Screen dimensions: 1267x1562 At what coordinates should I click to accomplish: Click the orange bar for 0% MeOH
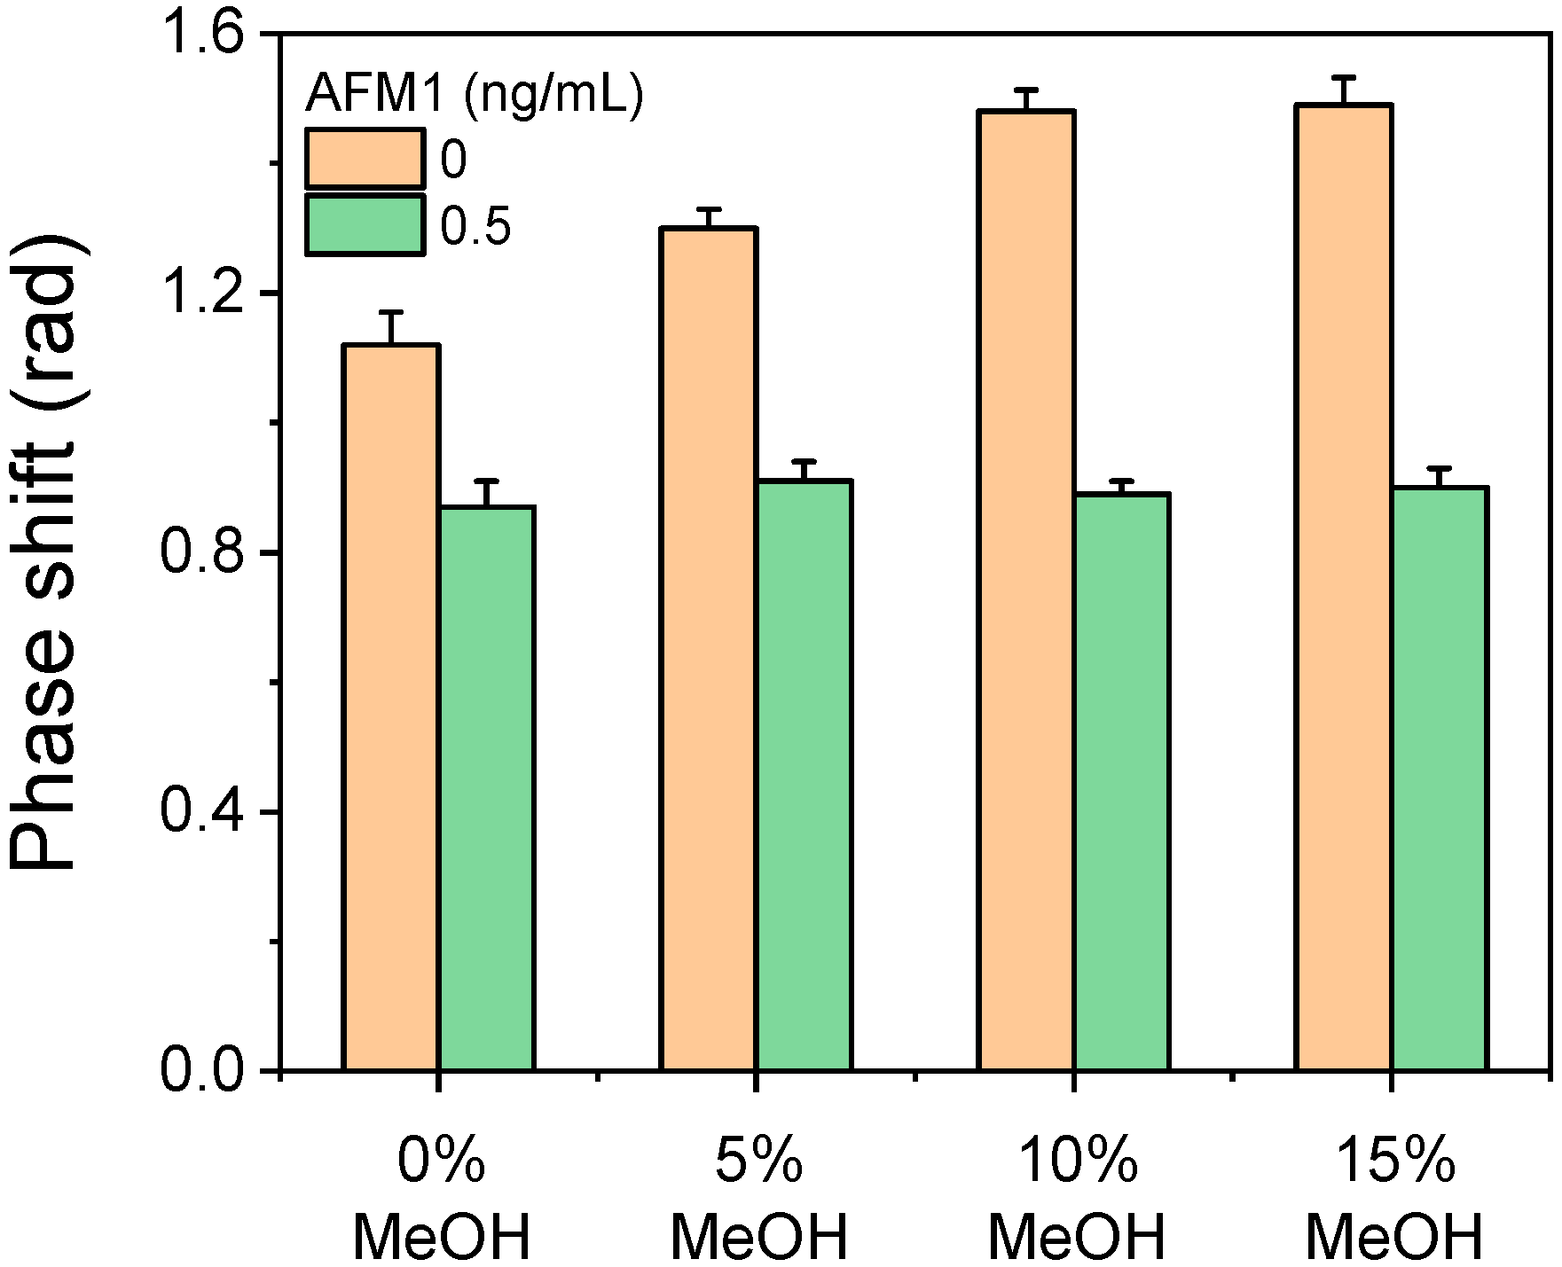click(391, 709)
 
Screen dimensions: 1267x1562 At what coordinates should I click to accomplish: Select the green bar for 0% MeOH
click(486, 789)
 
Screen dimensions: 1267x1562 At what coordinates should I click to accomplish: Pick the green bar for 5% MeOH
click(804, 776)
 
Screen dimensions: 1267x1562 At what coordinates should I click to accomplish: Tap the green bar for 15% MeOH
click(1439, 779)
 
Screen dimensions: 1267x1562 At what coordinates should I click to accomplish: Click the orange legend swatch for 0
click(365, 159)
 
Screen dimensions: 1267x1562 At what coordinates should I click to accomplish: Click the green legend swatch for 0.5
click(365, 225)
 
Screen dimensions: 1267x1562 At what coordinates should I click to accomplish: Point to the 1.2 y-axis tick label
click(204, 294)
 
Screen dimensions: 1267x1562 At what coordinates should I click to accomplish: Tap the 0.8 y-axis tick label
click(204, 554)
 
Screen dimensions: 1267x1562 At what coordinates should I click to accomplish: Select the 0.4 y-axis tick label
click(204, 813)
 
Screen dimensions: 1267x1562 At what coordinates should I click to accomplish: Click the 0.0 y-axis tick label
click(204, 1071)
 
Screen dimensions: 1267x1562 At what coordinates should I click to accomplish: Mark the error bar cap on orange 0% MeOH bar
click(391, 312)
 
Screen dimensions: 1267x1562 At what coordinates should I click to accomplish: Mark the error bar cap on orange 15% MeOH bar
click(1344, 77)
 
